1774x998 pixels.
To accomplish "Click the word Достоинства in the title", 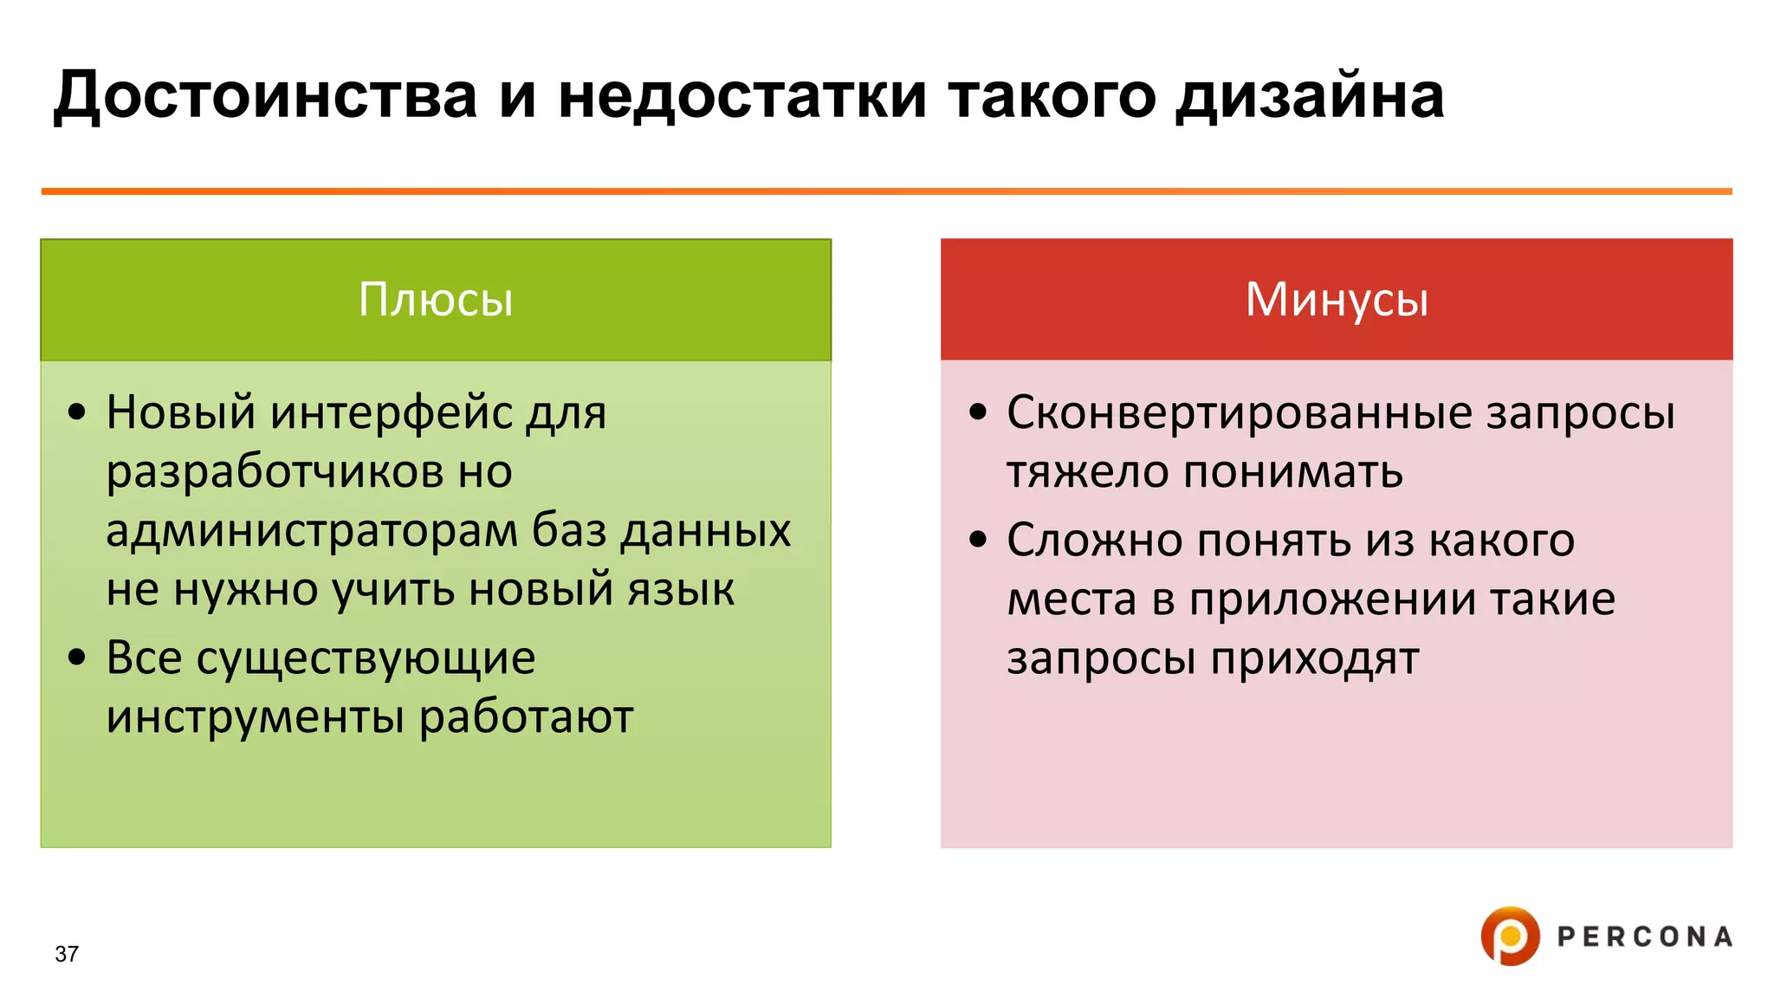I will [x=266, y=95].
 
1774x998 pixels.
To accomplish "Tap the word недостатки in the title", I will [x=741, y=95].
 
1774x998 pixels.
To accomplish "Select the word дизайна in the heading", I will [x=1310, y=95].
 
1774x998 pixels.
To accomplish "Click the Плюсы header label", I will [x=436, y=300].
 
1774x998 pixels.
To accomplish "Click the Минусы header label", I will [x=1337, y=300].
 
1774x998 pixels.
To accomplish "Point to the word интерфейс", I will [x=392, y=412].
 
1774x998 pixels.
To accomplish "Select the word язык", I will [x=681, y=589].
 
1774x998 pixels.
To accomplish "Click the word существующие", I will [x=366, y=658].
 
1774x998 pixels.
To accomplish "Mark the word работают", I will [x=527, y=717].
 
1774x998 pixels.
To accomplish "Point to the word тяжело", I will [x=1087, y=472].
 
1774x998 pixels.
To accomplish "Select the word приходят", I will [x=1315, y=658].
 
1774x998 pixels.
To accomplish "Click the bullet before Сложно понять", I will [x=978, y=541].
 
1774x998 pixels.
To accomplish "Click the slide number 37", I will [x=67, y=954].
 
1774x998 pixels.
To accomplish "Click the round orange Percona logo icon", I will [x=1510, y=936].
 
